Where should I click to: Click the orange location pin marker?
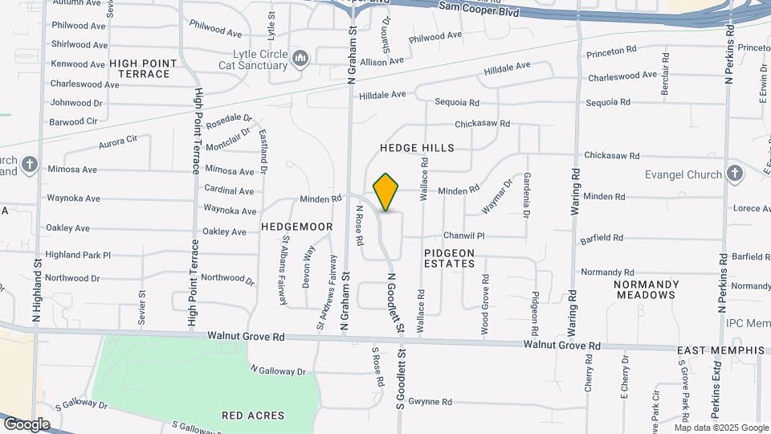pyautogui.click(x=386, y=192)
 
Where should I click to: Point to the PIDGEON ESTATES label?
pyautogui.click(x=450, y=257)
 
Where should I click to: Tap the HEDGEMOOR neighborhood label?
pyautogui.click(x=296, y=227)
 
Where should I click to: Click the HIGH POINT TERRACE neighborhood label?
pyautogui.click(x=140, y=68)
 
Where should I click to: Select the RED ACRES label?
pyautogui.click(x=254, y=416)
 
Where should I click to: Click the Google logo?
pyautogui.click(x=27, y=424)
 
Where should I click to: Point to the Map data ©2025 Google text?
pyautogui.click(x=721, y=428)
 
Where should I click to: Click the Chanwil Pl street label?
pyautogui.click(x=464, y=236)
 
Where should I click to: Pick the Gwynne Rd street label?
pyautogui.click(x=430, y=402)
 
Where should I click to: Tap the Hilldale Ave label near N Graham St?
pyautogui.click(x=382, y=95)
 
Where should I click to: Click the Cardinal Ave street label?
pyautogui.click(x=229, y=191)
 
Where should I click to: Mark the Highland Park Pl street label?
pyautogui.click(x=78, y=255)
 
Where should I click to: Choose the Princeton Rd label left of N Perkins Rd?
pyautogui.click(x=611, y=50)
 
